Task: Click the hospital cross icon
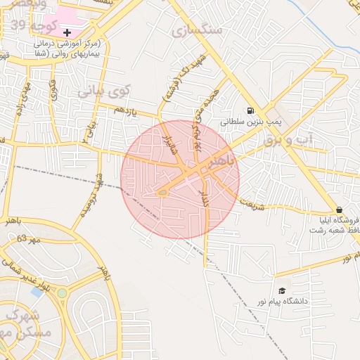point(67,32)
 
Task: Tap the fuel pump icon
point(251,110)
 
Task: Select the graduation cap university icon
point(282,290)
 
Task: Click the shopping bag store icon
point(340,210)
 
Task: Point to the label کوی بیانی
point(104,91)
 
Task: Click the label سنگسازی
point(196,30)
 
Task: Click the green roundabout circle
point(62,292)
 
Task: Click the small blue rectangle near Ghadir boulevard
point(37,291)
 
